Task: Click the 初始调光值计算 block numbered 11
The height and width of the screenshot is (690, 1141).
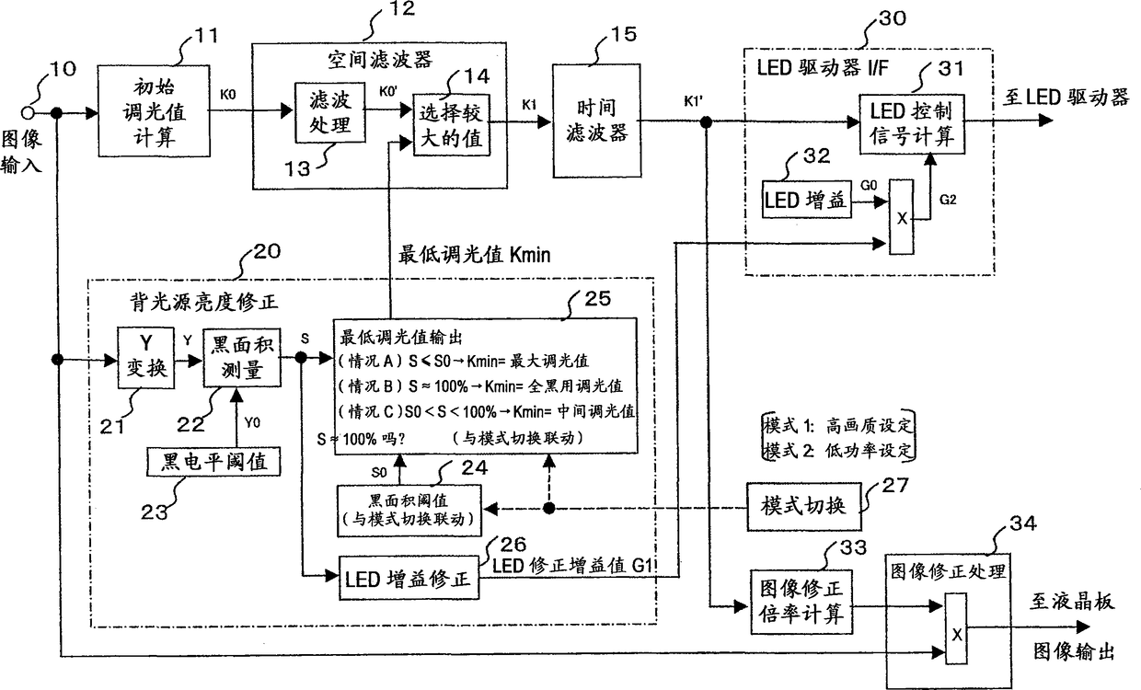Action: click(154, 110)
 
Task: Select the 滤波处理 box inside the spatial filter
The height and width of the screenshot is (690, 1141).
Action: click(330, 112)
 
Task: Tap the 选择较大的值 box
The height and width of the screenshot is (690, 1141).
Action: click(451, 125)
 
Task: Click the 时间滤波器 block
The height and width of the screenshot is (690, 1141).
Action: click(596, 121)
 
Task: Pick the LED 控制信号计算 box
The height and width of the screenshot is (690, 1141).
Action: click(912, 124)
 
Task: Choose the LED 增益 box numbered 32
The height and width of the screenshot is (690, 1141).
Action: click(806, 200)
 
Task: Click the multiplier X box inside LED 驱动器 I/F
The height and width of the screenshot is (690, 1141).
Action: click(901, 216)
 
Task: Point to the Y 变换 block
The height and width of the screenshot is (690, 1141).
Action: click(145, 358)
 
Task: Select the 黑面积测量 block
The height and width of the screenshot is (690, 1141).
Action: click(242, 358)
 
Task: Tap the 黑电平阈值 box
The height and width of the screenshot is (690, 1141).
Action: click(213, 461)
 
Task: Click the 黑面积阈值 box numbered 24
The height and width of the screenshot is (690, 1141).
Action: click(409, 511)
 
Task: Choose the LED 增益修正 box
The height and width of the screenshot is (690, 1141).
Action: click(409, 578)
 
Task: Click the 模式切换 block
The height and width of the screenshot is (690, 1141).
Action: click(804, 506)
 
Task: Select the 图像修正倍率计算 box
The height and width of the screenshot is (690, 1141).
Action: click(801, 602)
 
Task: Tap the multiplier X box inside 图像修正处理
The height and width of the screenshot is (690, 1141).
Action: click(956, 628)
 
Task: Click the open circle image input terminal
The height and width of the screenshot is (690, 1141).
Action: click(28, 112)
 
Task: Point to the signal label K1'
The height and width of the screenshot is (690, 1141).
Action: click(694, 101)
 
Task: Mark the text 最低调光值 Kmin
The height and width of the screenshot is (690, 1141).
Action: click(474, 254)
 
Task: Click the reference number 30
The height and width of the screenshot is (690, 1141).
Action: click(892, 18)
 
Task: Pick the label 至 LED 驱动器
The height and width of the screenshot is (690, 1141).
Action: click(1066, 97)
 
